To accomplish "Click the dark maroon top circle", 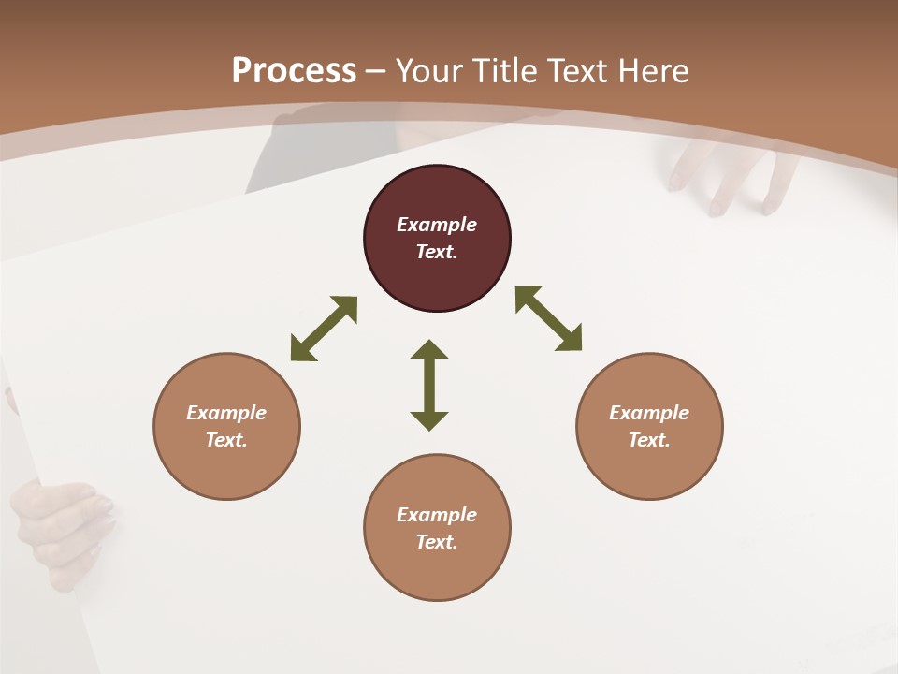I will (x=437, y=239).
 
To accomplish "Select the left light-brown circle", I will (x=226, y=427).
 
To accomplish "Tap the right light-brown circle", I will (x=649, y=427).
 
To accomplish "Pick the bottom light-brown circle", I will (x=437, y=528).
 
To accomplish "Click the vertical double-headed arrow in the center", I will (x=429, y=385).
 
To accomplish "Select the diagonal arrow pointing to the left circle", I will (x=324, y=329).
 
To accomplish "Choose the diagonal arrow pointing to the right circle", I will (x=549, y=318).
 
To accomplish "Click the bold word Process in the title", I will (x=294, y=70).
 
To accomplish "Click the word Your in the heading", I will (x=430, y=70).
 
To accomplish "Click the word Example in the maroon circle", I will (x=437, y=225).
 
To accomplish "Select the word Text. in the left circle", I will (x=226, y=440).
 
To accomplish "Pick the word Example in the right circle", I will (x=649, y=413).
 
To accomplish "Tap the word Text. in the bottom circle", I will (x=437, y=542).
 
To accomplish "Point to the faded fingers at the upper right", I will (x=734, y=178).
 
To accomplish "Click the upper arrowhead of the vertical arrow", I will (x=429, y=351).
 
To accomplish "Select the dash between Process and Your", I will (x=376, y=71).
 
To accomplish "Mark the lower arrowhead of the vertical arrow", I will (x=429, y=420).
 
